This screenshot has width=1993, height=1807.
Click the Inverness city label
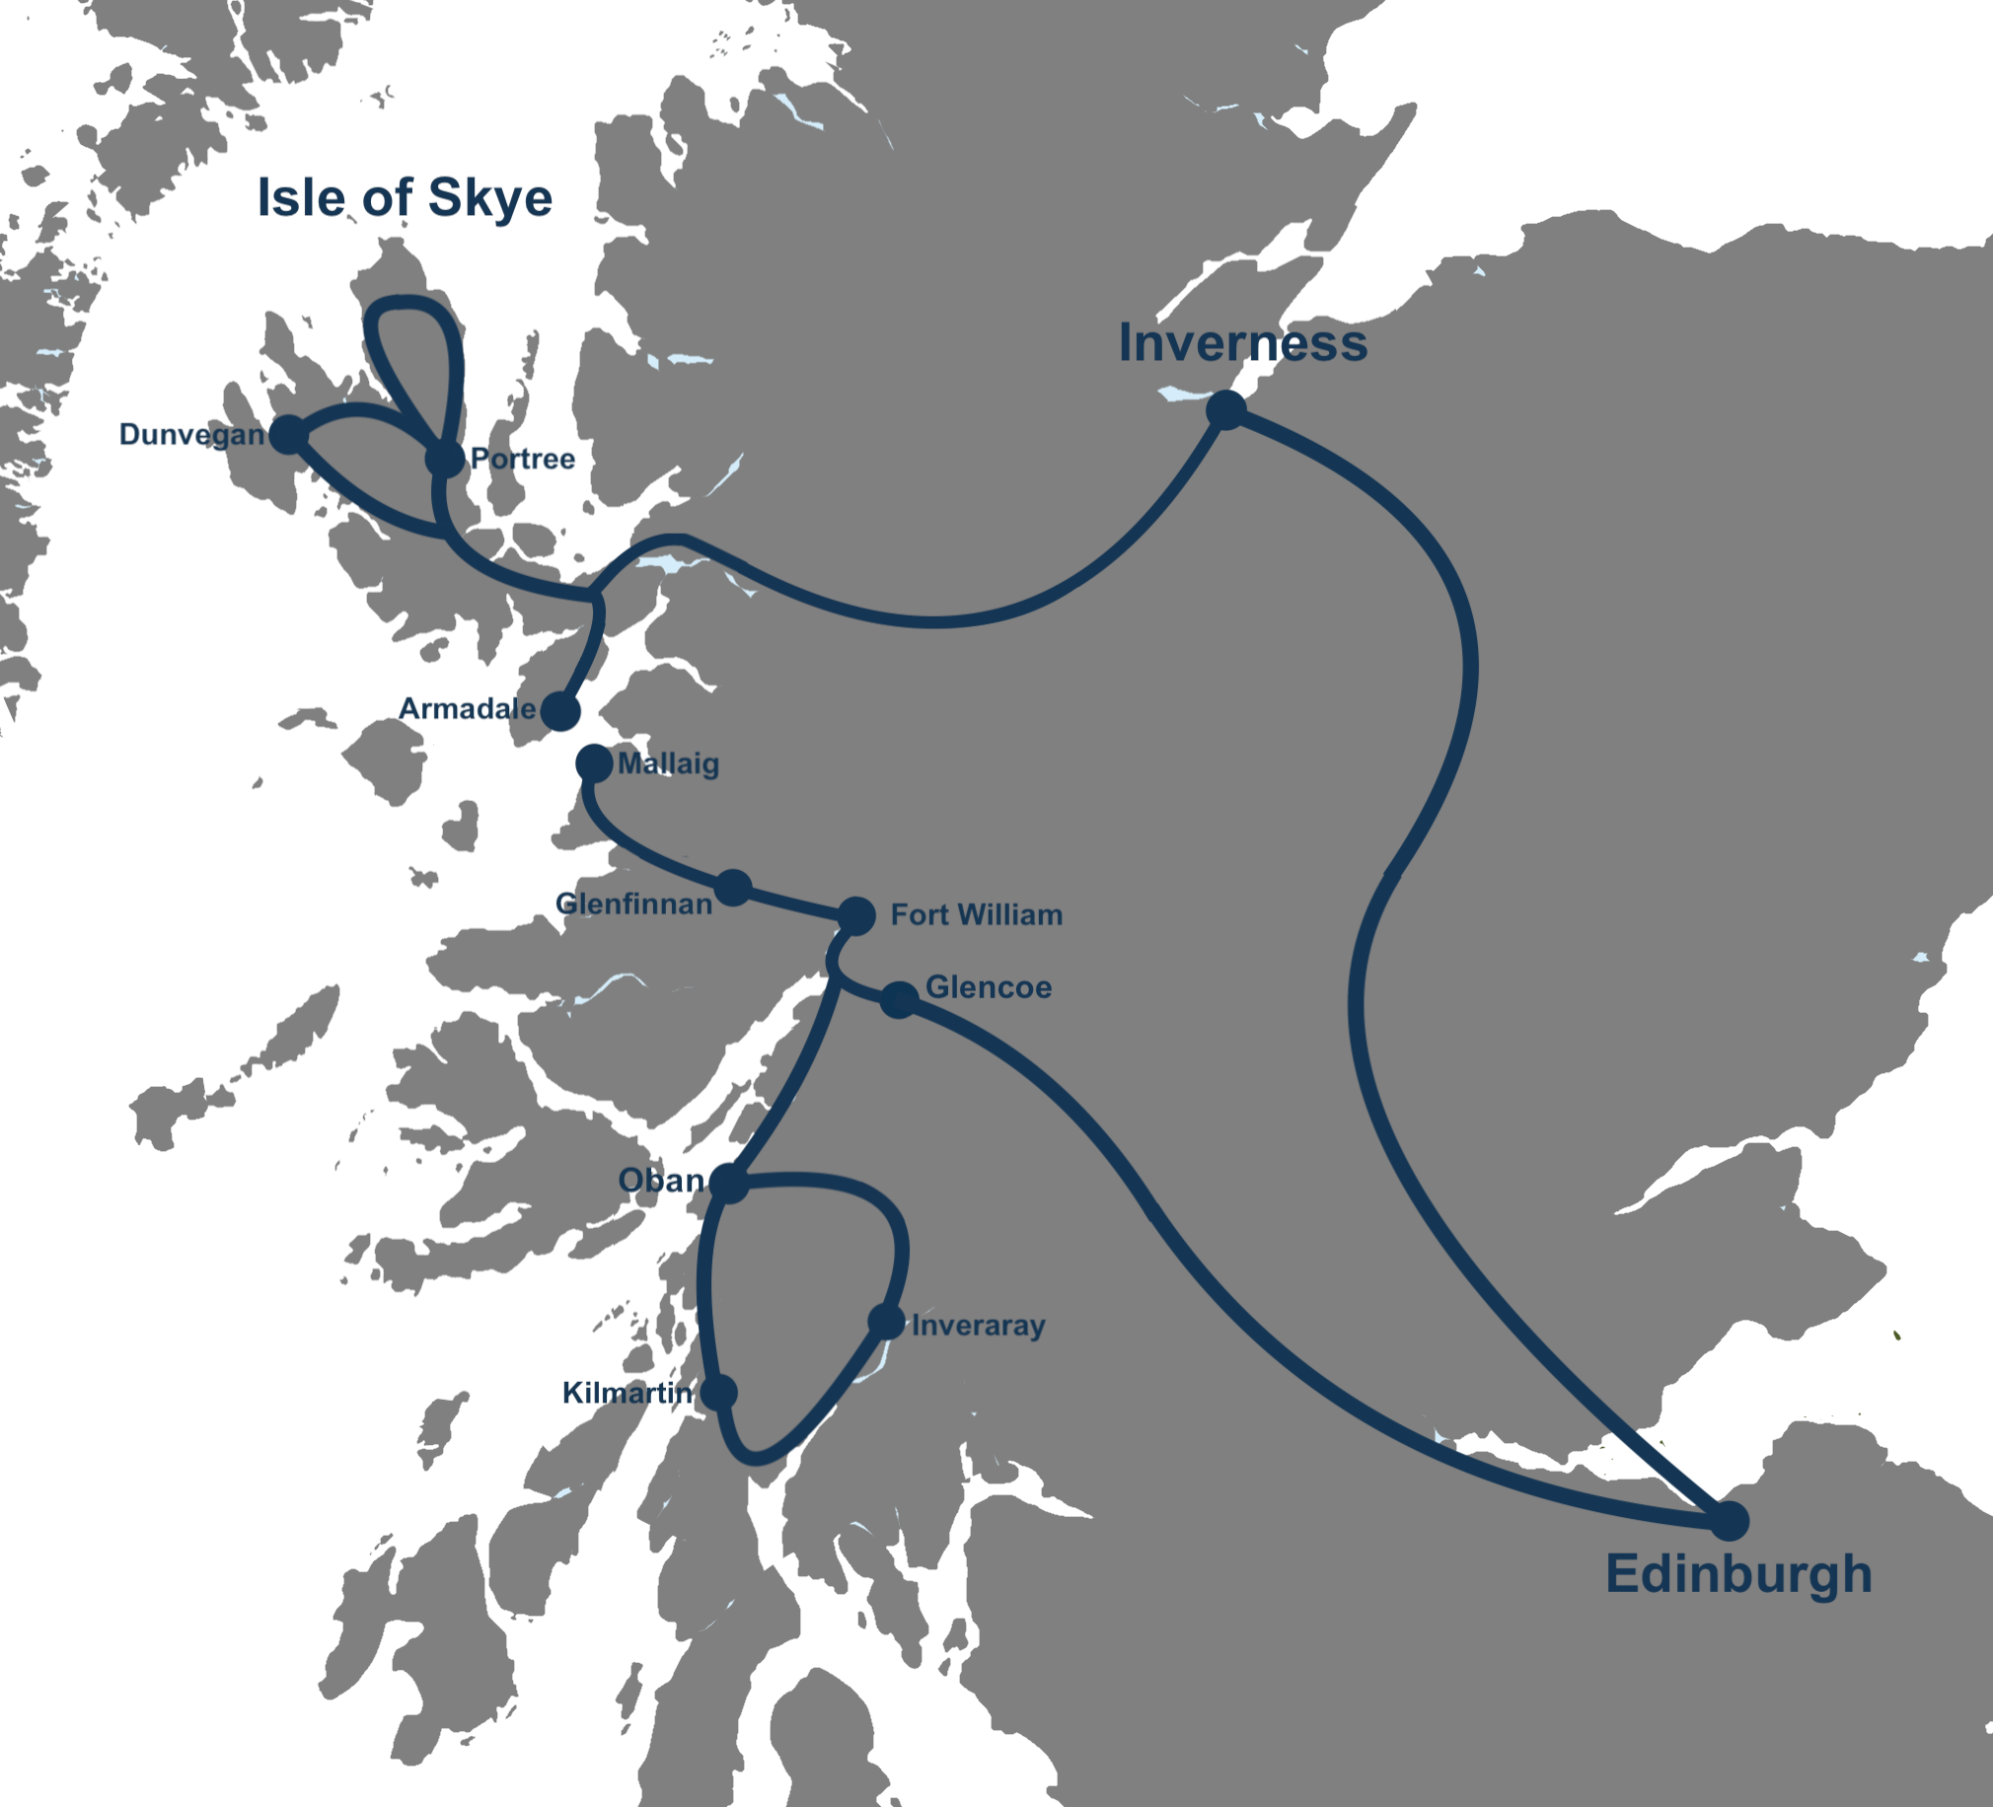click(x=1242, y=343)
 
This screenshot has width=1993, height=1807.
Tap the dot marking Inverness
click(x=1225, y=409)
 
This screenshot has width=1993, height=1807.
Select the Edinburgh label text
click(x=1738, y=1572)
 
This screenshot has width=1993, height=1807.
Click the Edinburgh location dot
click(x=1729, y=1520)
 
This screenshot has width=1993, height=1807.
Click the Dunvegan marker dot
click(x=289, y=434)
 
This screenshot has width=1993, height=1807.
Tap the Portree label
click(x=522, y=459)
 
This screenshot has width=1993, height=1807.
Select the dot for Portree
click(x=445, y=459)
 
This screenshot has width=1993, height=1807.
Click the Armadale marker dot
click(x=560, y=711)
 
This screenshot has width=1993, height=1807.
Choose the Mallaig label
click(x=668, y=763)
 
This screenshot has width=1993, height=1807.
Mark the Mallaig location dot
click(x=594, y=763)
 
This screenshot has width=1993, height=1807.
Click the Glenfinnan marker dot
click(x=733, y=887)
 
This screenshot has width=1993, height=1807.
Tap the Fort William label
click(x=977, y=914)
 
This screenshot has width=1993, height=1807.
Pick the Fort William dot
click(x=856, y=915)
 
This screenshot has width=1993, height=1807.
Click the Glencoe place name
click(x=988, y=986)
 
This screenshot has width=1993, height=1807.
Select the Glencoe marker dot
click(x=900, y=999)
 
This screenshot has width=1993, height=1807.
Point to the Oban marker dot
click(x=728, y=1183)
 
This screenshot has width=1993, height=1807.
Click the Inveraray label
click(x=978, y=1325)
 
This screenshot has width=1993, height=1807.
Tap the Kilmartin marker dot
click(x=718, y=1392)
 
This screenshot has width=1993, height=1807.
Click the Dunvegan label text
click(x=191, y=434)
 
